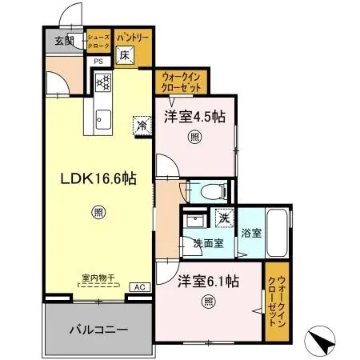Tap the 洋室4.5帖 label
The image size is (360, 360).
(194, 117)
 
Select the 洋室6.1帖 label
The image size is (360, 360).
(208, 281)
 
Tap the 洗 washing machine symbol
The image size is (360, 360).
(224, 216)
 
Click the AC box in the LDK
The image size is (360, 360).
(137, 286)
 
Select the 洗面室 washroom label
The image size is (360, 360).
(207, 243)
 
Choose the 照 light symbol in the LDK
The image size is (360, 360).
(97, 212)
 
